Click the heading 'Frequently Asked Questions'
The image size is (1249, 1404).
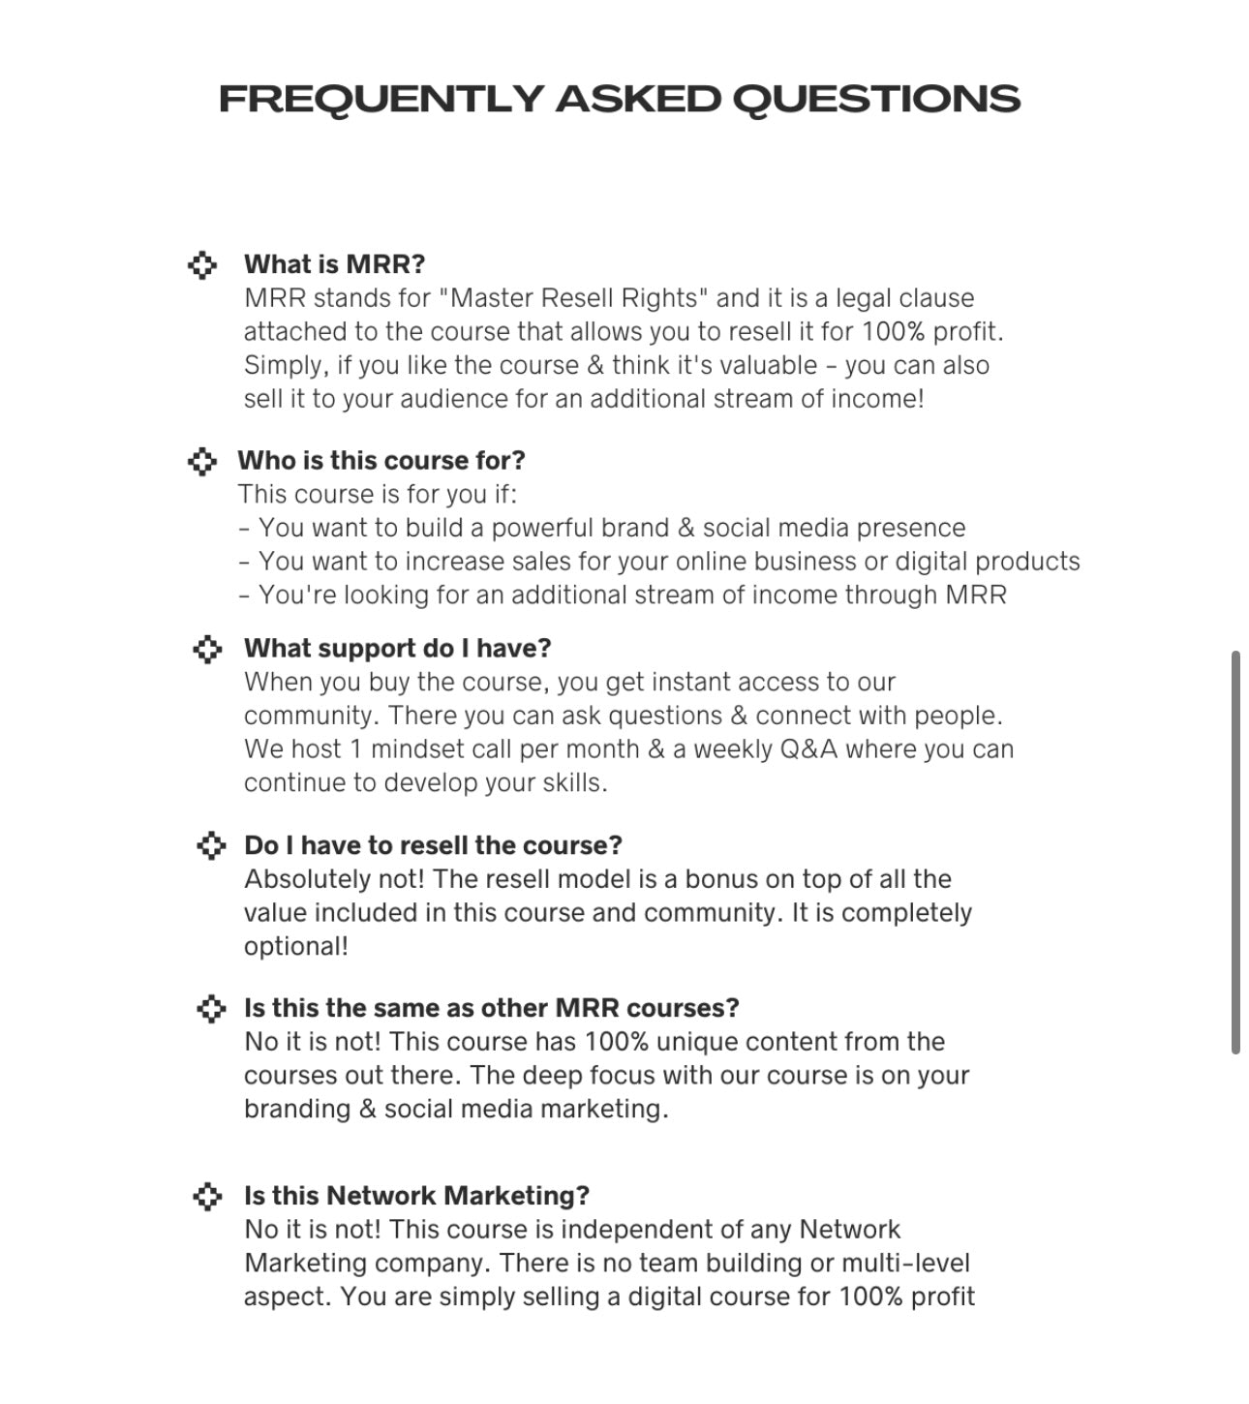click(620, 99)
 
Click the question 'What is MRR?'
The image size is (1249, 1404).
click(334, 264)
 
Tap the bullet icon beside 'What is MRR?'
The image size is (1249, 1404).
click(201, 264)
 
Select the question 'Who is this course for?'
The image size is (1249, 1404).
click(381, 460)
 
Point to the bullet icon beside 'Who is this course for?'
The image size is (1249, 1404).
click(201, 461)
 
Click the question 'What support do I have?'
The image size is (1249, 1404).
click(397, 648)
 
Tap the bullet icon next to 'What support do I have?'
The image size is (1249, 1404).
click(207, 649)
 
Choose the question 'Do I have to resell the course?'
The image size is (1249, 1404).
click(433, 845)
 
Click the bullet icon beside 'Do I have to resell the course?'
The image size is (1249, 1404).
click(210, 845)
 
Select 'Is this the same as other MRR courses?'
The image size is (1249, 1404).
click(491, 1008)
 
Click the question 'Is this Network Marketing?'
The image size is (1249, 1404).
click(416, 1196)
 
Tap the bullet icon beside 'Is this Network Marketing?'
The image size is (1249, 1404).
click(207, 1196)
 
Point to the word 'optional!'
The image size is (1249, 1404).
click(295, 946)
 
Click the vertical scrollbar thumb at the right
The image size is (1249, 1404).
click(1235, 852)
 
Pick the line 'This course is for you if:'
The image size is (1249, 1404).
click(378, 494)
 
